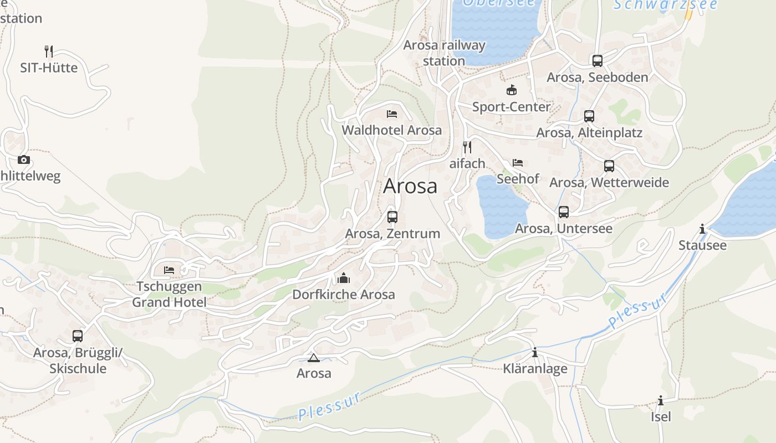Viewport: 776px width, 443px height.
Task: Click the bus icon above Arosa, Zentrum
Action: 392,217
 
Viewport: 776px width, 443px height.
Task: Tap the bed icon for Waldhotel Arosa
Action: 392,114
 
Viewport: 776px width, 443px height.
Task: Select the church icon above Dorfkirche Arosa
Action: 344,278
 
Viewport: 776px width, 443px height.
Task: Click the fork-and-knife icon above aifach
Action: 467,147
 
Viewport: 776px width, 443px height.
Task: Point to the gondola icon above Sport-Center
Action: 511,90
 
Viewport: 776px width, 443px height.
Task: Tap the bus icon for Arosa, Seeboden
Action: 597,61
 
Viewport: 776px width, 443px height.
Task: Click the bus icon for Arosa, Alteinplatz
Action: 589,116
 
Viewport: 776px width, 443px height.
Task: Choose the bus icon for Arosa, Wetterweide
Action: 609,166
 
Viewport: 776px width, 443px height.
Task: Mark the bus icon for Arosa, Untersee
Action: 564,212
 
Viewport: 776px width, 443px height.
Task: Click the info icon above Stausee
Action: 702,229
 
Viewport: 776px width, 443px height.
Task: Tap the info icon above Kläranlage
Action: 535,352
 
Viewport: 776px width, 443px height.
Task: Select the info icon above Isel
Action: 660,400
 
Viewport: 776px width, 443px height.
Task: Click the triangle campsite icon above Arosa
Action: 314,358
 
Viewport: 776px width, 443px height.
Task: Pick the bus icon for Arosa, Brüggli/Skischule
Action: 78,336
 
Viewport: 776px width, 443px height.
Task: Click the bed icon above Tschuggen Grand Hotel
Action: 169,270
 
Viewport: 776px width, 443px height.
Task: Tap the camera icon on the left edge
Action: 23,160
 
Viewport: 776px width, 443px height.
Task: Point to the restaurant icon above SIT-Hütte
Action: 49,51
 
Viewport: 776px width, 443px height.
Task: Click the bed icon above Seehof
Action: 518,163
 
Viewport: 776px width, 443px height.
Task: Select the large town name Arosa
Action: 410,186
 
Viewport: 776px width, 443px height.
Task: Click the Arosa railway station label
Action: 444,53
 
